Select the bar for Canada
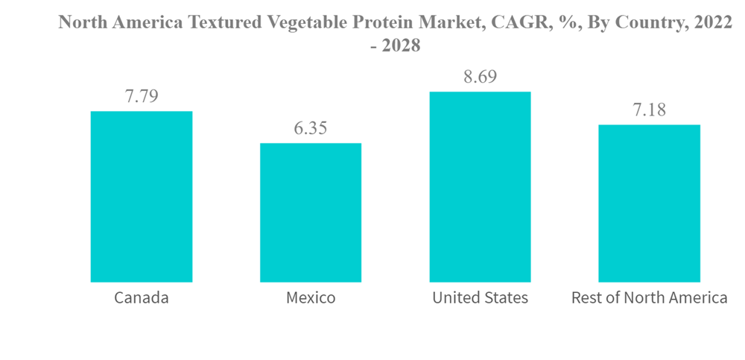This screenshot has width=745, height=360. (x=142, y=197)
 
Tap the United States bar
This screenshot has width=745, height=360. (x=480, y=187)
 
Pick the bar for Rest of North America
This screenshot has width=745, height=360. (x=649, y=203)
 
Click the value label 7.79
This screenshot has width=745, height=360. (x=142, y=96)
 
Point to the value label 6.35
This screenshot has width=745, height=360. (x=311, y=128)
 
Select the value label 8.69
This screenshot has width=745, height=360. (x=480, y=77)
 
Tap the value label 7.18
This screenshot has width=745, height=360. (x=649, y=110)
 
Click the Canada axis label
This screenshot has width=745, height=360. (x=142, y=298)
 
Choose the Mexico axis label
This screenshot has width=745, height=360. (x=311, y=298)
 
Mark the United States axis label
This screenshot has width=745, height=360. (x=480, y=298)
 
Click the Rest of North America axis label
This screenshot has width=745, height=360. (x=649, y=298)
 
